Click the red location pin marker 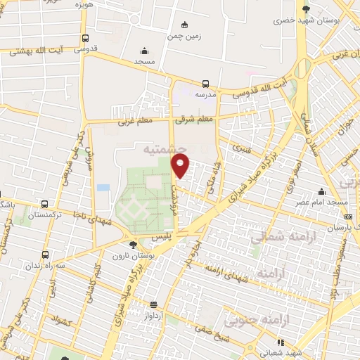coord(181,167)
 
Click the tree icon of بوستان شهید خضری coord(305,8)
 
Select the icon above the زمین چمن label coord(184,24)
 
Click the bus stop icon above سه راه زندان coord(46,255)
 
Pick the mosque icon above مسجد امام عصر coord(322,192)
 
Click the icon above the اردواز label coord(154,305)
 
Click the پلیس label coord(161,239)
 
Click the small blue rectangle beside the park coord(103,188)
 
